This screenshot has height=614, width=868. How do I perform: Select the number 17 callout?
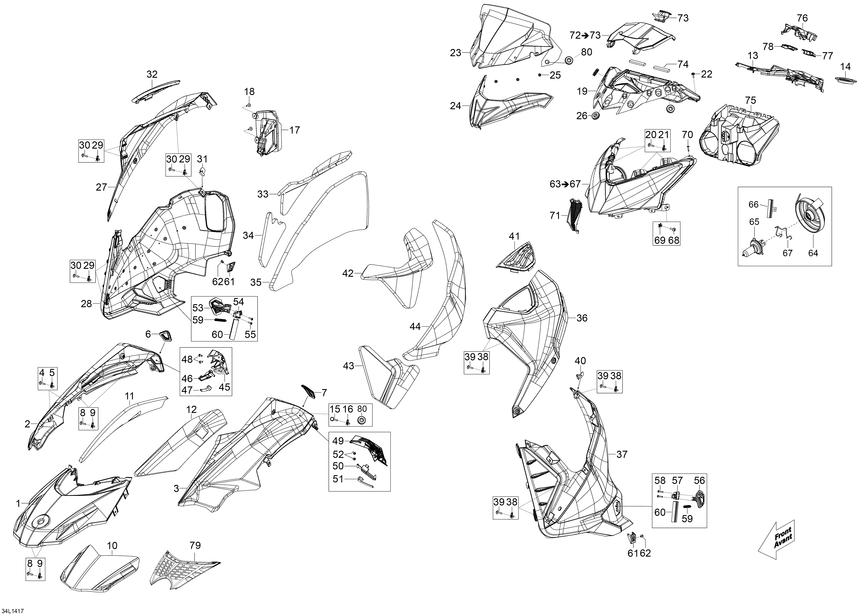tap(294, 130)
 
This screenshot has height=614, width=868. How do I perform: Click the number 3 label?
tap(176, 489)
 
